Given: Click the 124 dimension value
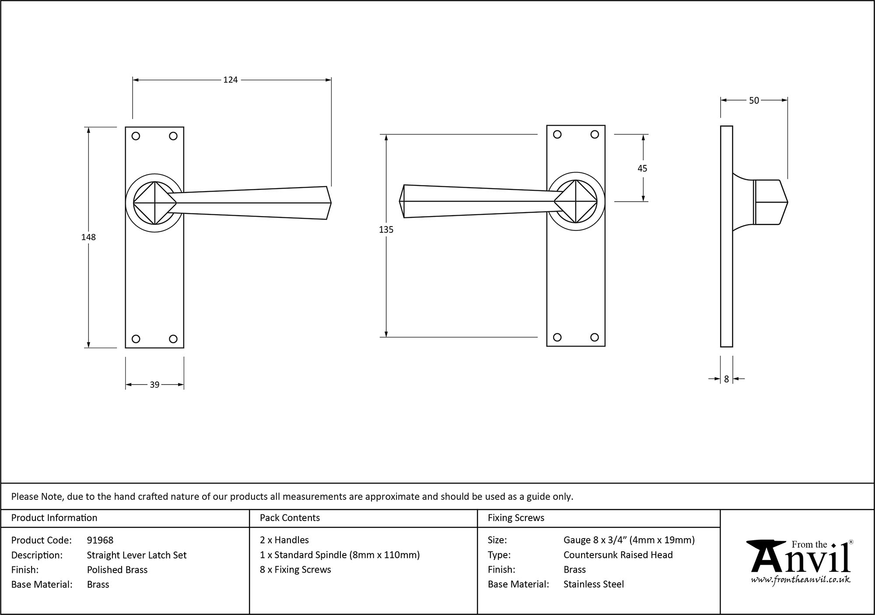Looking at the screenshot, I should [x=230, y=80].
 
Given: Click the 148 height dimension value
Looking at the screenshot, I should [x=88, y=237].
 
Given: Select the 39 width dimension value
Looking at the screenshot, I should [x=154, y=384].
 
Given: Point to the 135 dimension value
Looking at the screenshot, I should [x=386, y=230].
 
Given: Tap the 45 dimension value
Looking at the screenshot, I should [x=642, y=168].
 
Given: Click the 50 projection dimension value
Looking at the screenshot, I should [x=754, y=101].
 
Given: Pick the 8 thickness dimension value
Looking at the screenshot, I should [x=726, y=379].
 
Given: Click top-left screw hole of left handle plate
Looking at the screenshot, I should [x=136, y=136].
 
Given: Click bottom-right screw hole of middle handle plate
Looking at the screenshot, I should [x=594, y=337].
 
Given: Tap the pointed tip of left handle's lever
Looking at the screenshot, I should [x=330, y=203].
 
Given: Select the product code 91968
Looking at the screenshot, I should [x=100, y=540].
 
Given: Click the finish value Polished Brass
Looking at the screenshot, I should [x=117, y=570].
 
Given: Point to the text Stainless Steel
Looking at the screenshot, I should [x=594, y=584].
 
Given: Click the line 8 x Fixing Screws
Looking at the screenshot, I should [x=295, y=570].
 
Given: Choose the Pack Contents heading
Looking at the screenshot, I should [x=290, y=518].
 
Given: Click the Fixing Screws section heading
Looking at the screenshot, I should [x=516, y=518].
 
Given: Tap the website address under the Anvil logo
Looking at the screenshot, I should [x=801, y=580].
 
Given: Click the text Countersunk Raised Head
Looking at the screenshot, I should [x=618, y=555].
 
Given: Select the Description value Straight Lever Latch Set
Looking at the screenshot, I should [x=136, y=555].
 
